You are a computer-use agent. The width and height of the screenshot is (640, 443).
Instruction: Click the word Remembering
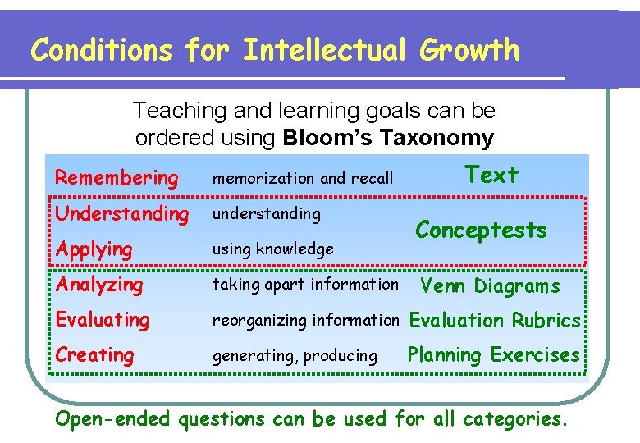tap(116, 177)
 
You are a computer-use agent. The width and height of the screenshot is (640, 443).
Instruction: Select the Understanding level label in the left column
tap(121, 214)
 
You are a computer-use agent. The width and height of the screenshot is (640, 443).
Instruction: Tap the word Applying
tap(94, 249)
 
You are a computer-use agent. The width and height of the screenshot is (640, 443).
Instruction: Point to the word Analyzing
tap(98, 285)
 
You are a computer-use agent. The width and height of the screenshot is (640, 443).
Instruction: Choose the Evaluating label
tap(103, 319)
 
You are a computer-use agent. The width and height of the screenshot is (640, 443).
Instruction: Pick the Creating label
tap(94, 355)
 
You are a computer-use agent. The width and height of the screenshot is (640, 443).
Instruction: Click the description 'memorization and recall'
tap(303, 178)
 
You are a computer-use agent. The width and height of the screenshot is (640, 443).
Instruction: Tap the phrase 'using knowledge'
tap(273, 249)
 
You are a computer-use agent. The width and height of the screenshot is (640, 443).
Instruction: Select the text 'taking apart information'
tap(305, 285)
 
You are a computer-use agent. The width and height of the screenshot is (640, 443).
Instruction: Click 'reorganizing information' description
tap(305, 320)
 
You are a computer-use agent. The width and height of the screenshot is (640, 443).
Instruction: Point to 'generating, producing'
tap(295, 356)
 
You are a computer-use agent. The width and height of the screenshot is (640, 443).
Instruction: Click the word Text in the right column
tap(491, 175)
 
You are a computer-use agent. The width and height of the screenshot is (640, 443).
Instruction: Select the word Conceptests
tap(481, 230)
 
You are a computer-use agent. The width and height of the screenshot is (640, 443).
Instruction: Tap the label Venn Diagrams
tap(490, 285)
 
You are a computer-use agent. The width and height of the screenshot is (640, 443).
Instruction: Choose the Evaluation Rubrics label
tap(495, 320)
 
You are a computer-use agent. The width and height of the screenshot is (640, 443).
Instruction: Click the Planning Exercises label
tap(493, 355)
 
